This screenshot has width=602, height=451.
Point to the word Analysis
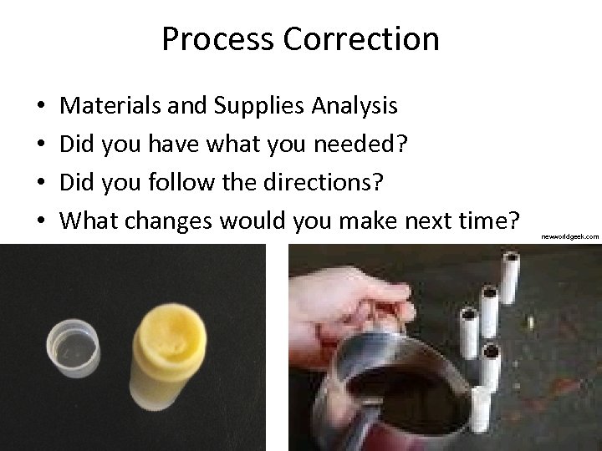tap(355, 106)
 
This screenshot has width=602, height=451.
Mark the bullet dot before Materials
tap(42, 107)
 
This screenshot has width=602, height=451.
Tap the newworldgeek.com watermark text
tap(569, 237)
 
